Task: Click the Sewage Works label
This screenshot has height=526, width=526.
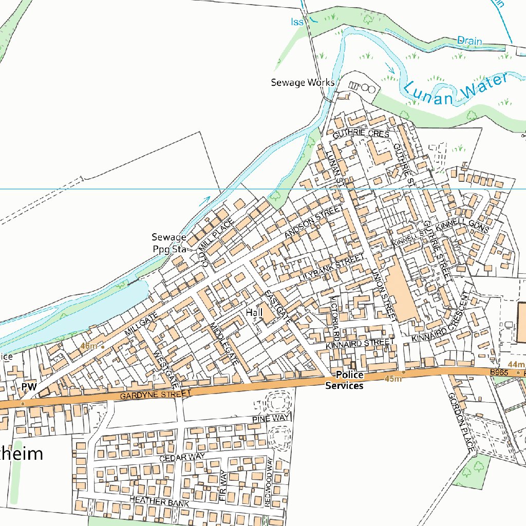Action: [x=303, y=82]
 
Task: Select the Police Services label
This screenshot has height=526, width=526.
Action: [x=344, y=380]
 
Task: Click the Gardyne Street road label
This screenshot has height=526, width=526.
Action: [x=155, y=394]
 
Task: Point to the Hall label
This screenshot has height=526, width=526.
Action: [x=254, y=312]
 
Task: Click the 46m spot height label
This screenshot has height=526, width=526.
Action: [x=88, y=346]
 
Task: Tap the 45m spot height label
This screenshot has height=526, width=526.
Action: [x=392, y=379]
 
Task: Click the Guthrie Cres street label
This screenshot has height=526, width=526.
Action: [x=361, y=133]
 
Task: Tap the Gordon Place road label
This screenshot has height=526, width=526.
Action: [x=460, y=422]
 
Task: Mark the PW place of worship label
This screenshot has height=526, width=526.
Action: [x=28, y=387]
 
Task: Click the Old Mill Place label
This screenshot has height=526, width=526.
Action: [x=218, y=242]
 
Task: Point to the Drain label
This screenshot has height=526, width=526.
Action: [x=469, y=41]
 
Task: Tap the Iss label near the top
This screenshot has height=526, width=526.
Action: [x=297, y=22]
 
